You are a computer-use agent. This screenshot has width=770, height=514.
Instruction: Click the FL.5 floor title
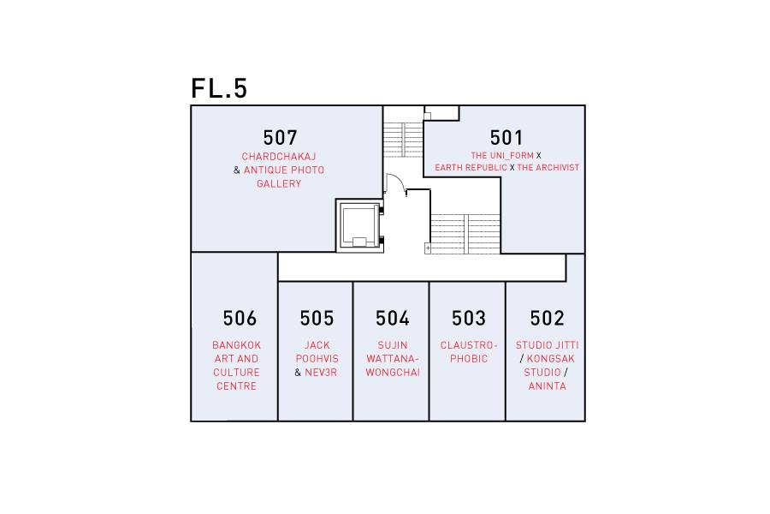(x=219, y=88)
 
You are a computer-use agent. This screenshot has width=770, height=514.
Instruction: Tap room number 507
(x=280, y=138)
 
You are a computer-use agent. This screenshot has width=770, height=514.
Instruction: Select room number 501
(x=506, y=138)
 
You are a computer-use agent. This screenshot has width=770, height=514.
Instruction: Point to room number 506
(x=240, y=318)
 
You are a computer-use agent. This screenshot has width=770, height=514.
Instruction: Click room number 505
(x=317, y=318)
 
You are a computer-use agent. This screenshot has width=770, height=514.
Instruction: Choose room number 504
(x=393, y=318)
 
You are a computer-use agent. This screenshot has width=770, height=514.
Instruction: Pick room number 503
(x=469, y=318)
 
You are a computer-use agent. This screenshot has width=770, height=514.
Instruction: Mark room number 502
(x=547, y=318)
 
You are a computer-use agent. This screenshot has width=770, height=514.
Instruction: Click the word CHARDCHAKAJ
(x=279, y=157)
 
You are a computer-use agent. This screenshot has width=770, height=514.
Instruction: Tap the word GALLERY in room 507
(x=279, y=183)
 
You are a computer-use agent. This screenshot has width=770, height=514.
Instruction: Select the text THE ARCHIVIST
(x=548, y=168)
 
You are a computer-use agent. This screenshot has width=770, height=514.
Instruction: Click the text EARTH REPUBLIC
(x=471, y=168)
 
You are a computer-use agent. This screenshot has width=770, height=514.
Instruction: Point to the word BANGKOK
(x=237, y=345)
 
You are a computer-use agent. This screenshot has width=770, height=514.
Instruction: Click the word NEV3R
(x=321, y=373)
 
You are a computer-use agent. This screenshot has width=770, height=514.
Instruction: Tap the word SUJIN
(x=393, y=345)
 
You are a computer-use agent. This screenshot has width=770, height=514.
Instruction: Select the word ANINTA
(x=547, y=386)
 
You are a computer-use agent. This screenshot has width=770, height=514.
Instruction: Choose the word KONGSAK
(x=550, y=359)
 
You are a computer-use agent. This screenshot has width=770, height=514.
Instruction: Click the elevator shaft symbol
(x=360, y=226)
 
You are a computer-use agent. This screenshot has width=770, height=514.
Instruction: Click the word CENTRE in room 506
(x=237, y=386)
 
